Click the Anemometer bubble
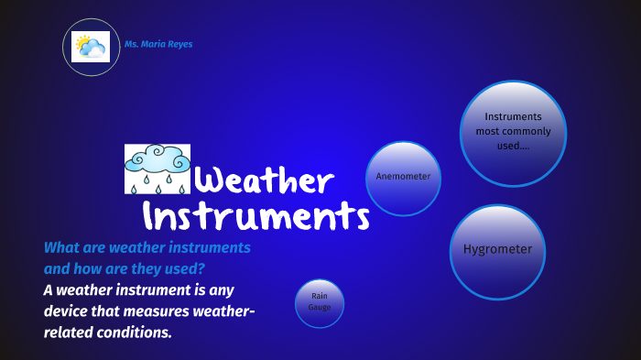(403, 177)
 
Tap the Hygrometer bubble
(497, 250)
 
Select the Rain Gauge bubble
(320, 301)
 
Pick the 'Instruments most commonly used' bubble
(513, 132)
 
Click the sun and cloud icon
(91, 47)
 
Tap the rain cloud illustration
(157, 169)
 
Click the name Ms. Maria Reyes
(158, 44)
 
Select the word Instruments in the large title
(256, 217)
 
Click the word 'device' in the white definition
(68, 311)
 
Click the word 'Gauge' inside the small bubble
(320, 307)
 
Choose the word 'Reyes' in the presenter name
(180, 44)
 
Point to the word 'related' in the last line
(70, 333)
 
